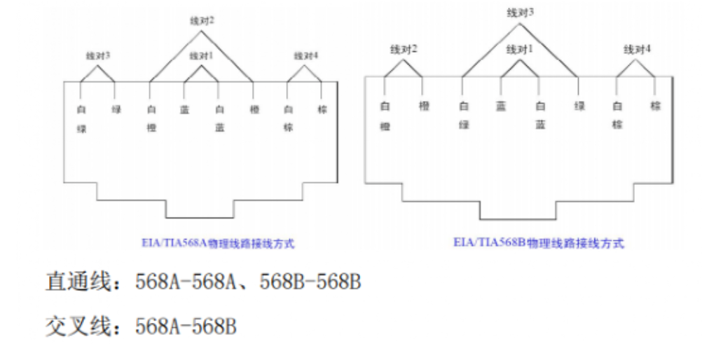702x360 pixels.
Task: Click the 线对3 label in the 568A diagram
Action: (x=98, y=55)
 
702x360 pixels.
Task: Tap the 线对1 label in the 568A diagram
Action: (x=201, y=55)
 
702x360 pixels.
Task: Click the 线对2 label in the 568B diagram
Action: (x=404, y=49)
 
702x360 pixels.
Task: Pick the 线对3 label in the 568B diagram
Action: (x=520, y=12)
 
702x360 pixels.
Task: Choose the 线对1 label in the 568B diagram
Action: (x=519, y=49)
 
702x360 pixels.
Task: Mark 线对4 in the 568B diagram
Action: (x=637, y=49)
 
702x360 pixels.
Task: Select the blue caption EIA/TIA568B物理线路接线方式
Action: (x=538, y=244)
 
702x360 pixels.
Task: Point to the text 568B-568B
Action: (x=310, y=283)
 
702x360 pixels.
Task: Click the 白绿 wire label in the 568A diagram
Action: (x=81, y=119)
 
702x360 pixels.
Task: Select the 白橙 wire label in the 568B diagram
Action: (x=384, y=116)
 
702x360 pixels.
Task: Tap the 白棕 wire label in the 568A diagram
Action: (x=287, y=119)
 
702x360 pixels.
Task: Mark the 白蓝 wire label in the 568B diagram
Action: (x=539, y=116)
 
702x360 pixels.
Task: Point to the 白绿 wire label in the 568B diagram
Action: (x=462, y=116)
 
